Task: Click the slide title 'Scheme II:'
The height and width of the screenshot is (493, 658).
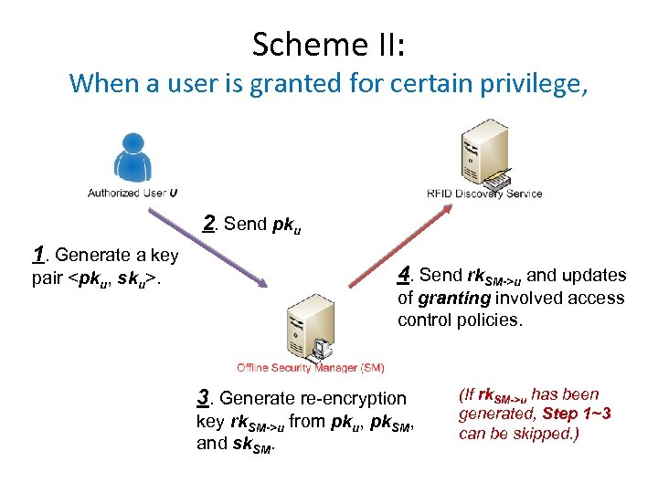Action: point(329,43)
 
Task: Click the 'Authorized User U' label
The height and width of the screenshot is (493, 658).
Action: point(133,193)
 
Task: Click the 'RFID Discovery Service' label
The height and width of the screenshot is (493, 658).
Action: point(484,194)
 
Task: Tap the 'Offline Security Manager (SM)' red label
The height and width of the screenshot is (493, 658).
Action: point(311,368)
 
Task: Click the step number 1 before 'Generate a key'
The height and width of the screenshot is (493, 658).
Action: point(38,255)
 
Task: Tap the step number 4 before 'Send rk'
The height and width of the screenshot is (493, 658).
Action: point(406,275)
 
